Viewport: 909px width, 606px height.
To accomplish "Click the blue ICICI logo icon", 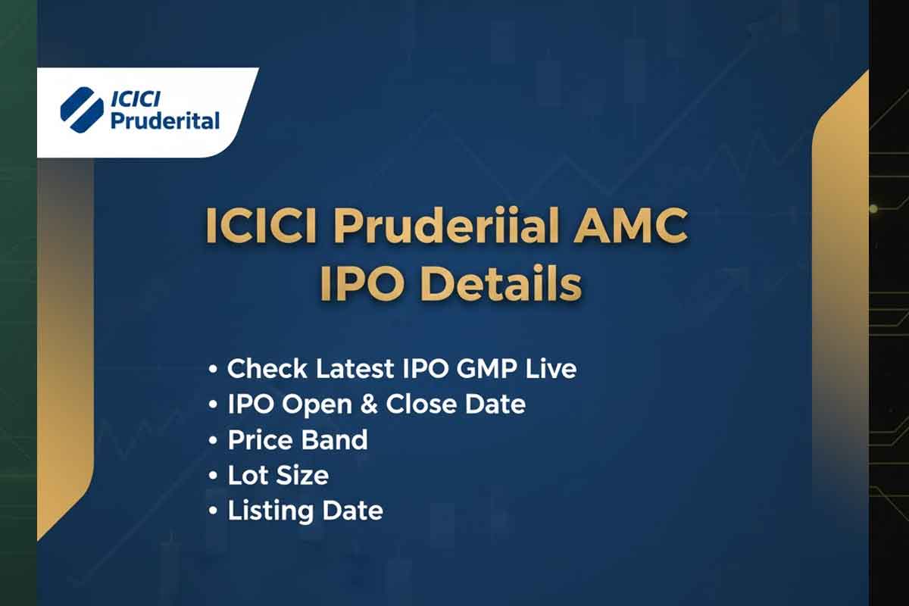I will pyautogui.click(x=82, y=110).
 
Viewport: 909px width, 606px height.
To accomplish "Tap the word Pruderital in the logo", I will pyautogui.click(x=165, y=120).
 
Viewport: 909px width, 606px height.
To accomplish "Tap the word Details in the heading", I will pyautogui.click(x=501, y=286).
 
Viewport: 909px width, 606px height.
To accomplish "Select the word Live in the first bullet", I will pyautogui.click(x=550, y=369).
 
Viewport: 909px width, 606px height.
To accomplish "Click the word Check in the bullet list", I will pyautogui.click(x=267, y=369).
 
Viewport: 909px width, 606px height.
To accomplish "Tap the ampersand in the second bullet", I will pyautogui.click(x=369, y=405).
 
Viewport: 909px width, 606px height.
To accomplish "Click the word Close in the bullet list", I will pyautogui.click(x=420, y=404).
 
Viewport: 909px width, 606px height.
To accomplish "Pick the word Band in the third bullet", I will pyautogui.click(x=334, y=439).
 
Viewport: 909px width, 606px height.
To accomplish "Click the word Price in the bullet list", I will pyautogui.click(x=259, y=439).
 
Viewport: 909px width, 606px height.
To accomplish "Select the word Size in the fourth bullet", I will pyautogui.click(x=305, y=476).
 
